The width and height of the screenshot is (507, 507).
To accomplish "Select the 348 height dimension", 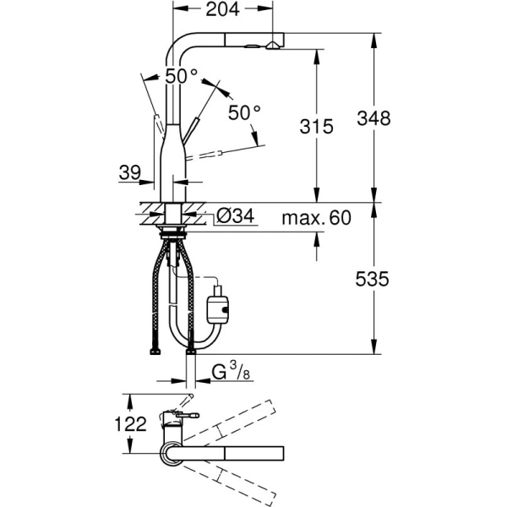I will (373, 118).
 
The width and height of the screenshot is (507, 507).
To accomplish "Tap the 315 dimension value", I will (317, 126).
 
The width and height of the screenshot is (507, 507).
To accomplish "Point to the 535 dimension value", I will (373, 279).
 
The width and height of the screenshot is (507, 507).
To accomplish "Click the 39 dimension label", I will (129, 172).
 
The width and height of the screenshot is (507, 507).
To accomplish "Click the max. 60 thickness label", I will (316, 218).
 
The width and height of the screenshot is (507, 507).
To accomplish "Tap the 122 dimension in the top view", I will (123, 425).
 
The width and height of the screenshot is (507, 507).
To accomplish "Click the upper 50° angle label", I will (181, 75).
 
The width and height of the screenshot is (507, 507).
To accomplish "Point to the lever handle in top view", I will (186, 415).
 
